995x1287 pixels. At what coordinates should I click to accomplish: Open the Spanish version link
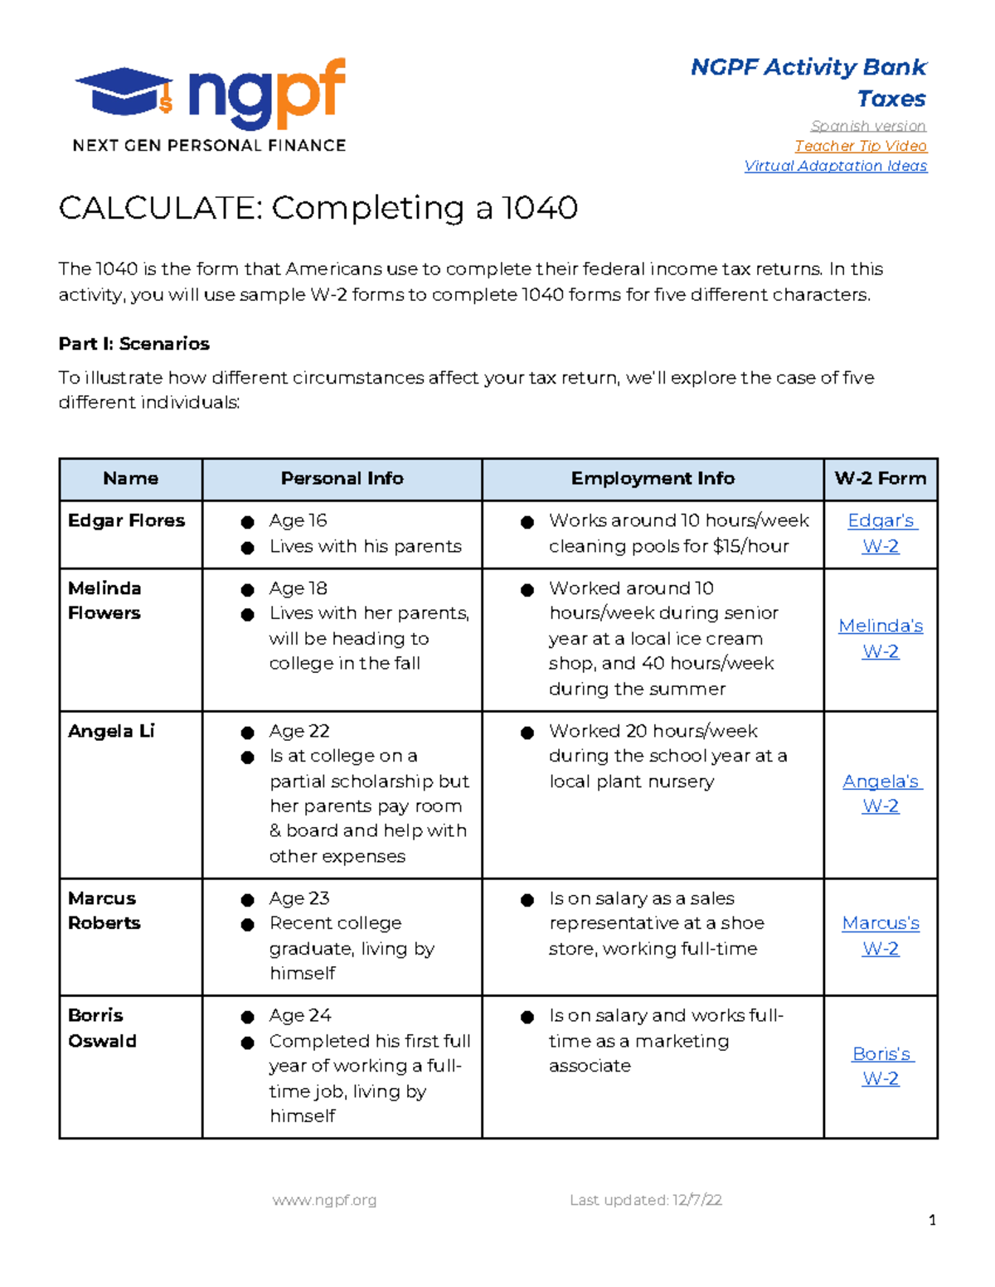pyautogui.click(x=868, y=126)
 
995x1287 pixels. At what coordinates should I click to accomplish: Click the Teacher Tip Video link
pyautogui.click(x=861, y=146)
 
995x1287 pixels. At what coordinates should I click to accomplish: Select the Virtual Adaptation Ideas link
pyautogui.click(x=835, y=166)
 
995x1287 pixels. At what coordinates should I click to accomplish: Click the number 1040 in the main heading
pyautogui.click(x=539, y=208)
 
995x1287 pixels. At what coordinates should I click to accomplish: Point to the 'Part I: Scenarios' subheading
pyautogui.click(x=133, y=344)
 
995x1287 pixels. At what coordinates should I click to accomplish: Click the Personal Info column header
pyautogui.click(x=342, y=478)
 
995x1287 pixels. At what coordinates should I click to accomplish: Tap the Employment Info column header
pyautogui.click(x=653, y=478)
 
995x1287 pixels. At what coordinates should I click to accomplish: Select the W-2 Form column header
pyautogui.click(x=880, y=478)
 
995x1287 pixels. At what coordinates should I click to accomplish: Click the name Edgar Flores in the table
pyautogui.click(x=126, y=520)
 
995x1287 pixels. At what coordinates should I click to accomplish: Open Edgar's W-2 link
pyautogui.click(x=881, y=533)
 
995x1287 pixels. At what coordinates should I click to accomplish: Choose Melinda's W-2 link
pyautogui.click(x=881, y=638)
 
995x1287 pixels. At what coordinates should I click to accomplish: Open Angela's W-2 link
pyautogui.click(x=881, y=793)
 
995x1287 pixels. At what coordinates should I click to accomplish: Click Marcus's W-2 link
pyautogui.click(x=881, y=936)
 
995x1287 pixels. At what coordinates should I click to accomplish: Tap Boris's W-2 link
pyautogui.click(x=881, y=1066)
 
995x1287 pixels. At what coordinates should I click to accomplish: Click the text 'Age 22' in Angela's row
pyautogui.click(x=299, y=731)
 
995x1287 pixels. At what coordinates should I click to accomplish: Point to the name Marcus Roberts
pyautogui.click(x=104, y=910)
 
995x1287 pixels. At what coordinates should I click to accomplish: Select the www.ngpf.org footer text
pyautogui.click(x=324, y=1200)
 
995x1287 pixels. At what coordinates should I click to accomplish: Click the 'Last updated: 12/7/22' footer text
pyautogui.click(x=645, y=1200)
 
